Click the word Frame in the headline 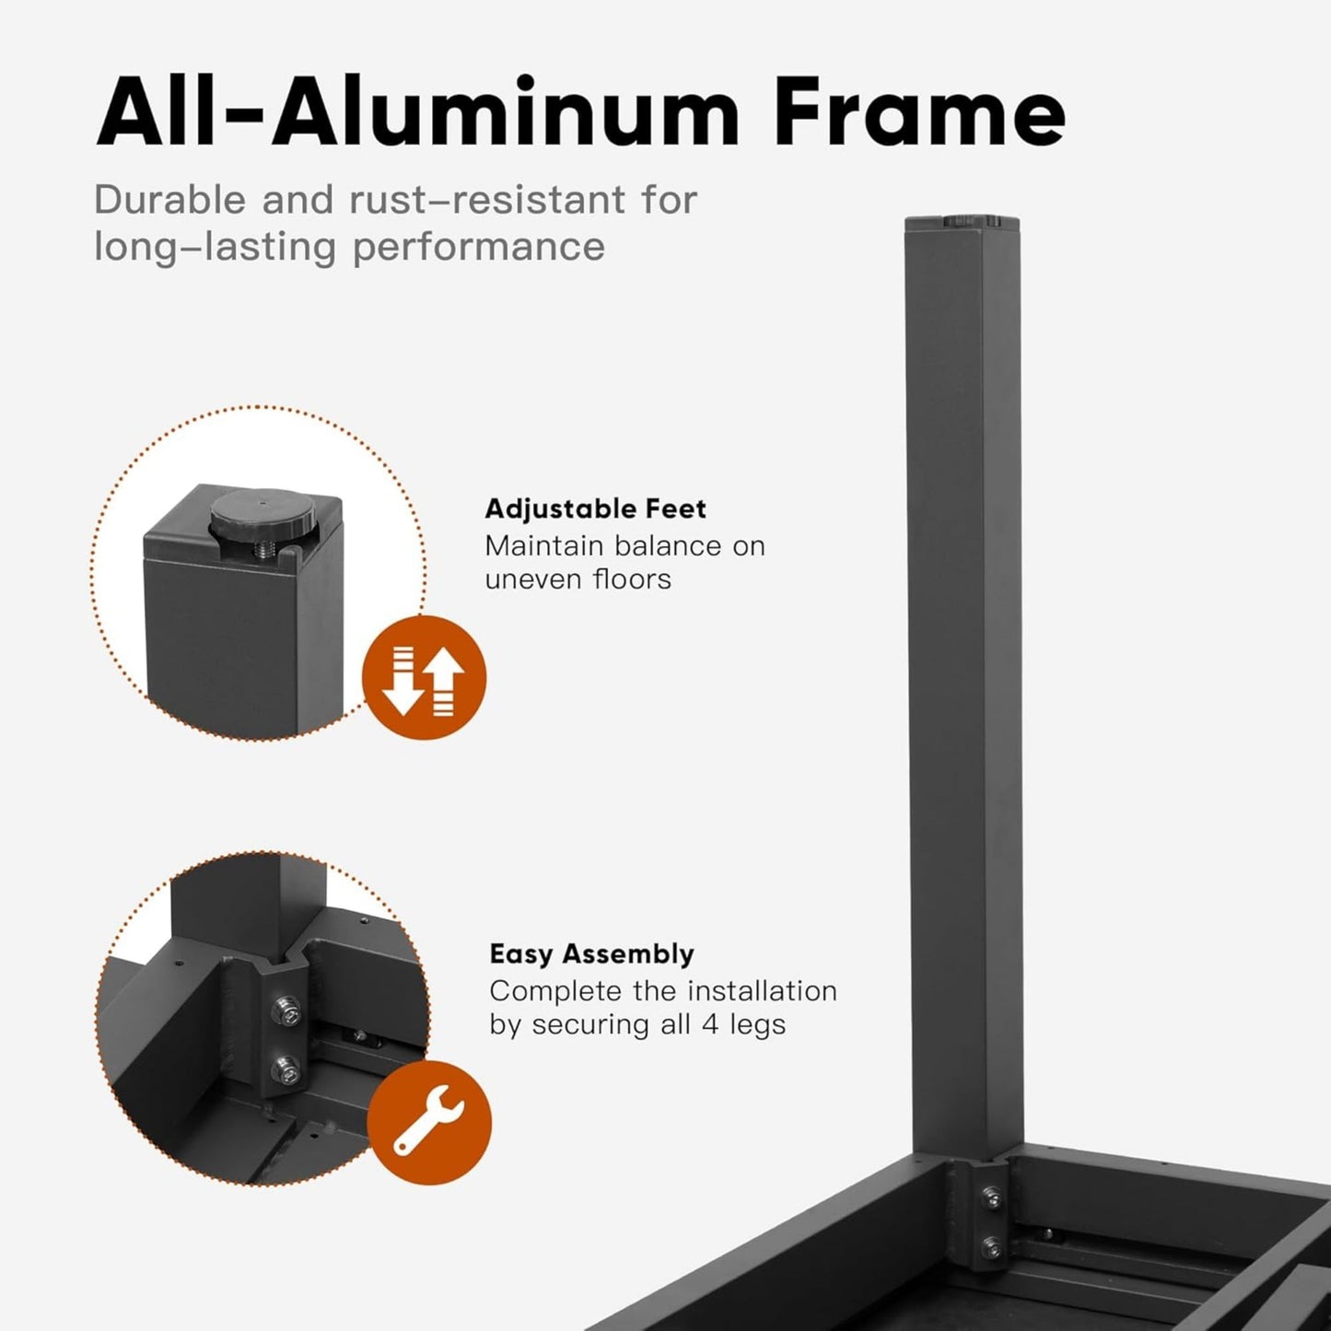pos(919,111)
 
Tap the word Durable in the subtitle pos(169,200)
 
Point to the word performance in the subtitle pos(479,247)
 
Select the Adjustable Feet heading pos(595,509)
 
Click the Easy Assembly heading pos(592,954)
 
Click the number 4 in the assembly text pos(709,1024)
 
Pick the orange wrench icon pos(428,1123)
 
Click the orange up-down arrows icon pos(424,678)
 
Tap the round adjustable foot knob pos(263,512)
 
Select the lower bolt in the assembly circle pos(286,1069)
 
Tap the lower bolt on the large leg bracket pos(993,1245)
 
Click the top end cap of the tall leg pos(963,223)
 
